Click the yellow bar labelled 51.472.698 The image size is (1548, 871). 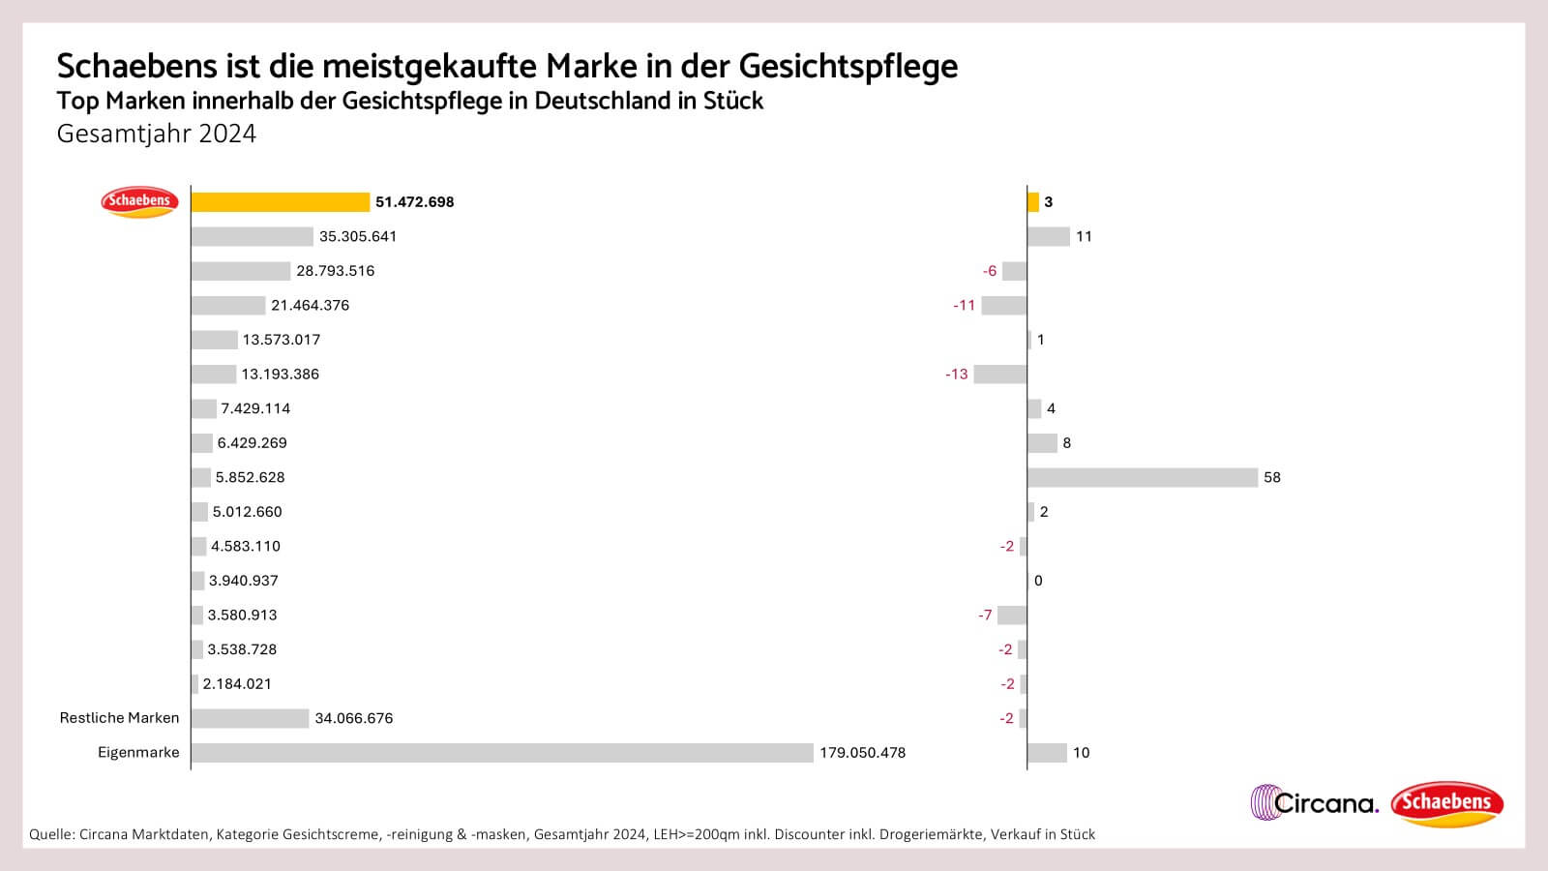281,202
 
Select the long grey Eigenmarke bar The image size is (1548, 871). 502,753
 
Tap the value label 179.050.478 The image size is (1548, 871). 862,753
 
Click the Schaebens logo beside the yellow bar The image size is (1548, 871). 139,201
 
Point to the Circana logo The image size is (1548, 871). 1314,802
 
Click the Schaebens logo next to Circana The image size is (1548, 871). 1446,803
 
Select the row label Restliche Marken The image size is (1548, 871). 119,718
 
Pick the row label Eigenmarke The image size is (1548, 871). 138,753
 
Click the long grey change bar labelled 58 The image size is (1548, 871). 1142,477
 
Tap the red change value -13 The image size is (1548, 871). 956,375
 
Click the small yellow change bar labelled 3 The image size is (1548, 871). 1032,202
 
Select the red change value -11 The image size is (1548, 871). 964,306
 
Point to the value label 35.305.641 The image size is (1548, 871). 358,236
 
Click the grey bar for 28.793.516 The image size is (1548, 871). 240,271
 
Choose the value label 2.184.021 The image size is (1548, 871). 237,684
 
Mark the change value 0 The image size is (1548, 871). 1038,581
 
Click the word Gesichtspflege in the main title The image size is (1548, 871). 848,66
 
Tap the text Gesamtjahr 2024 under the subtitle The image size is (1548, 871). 156,134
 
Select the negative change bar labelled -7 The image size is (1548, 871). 1012,616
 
